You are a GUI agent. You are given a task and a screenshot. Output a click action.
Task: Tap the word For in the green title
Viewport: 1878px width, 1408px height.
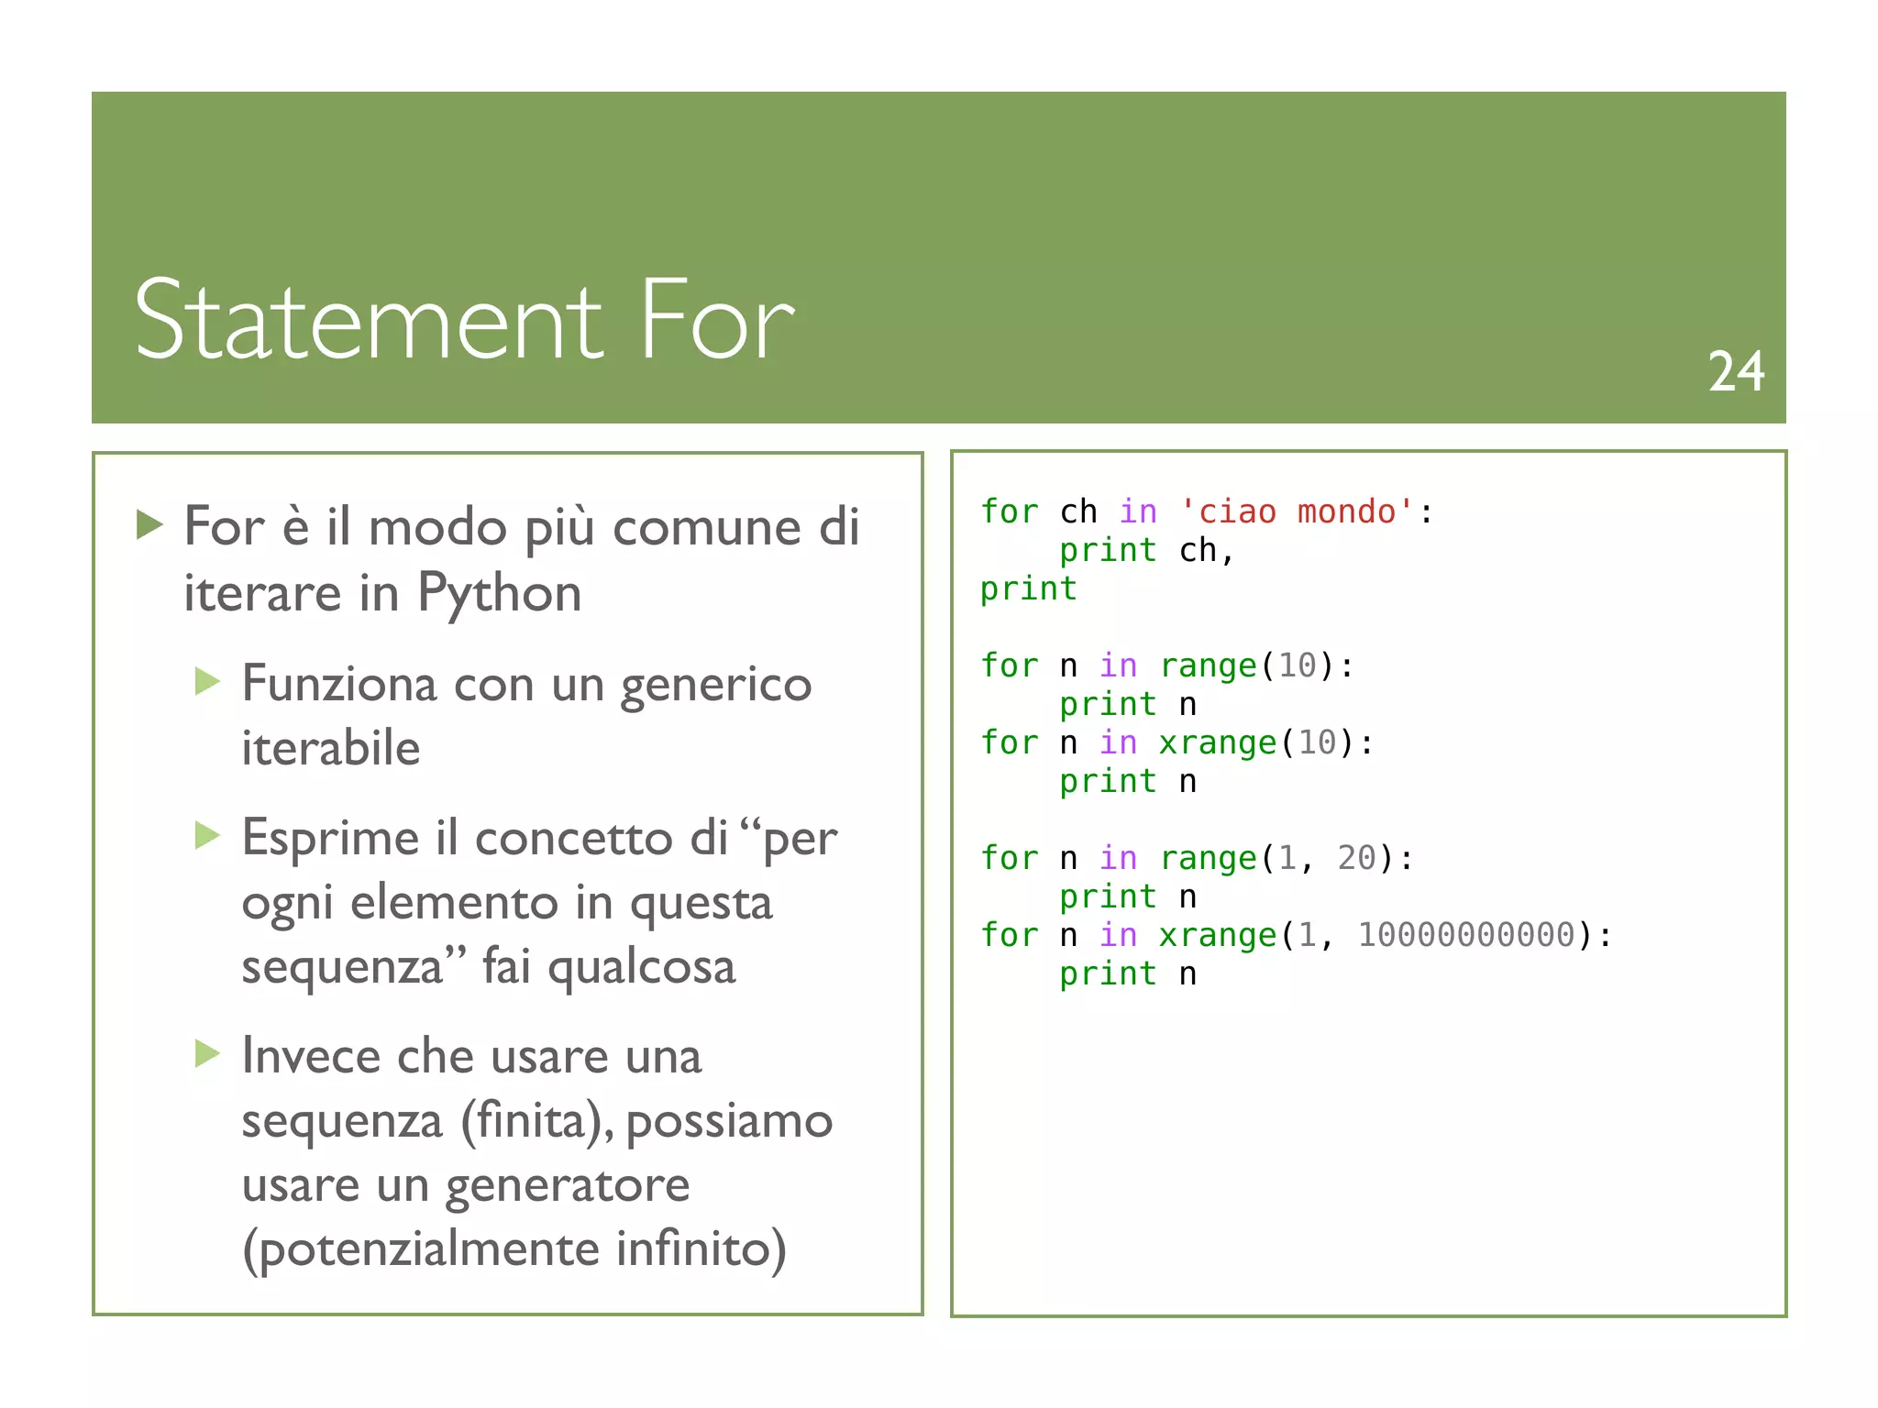[717, 320]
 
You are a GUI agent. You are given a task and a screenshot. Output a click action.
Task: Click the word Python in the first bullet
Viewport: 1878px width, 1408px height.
[499, 593]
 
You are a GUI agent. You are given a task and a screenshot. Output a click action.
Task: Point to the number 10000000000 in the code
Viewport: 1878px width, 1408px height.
[1465, 935]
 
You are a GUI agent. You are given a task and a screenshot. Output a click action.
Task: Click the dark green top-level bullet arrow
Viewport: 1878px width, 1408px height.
[149, 524]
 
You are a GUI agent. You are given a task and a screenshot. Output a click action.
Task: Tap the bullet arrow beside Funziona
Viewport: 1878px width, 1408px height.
[208, 681]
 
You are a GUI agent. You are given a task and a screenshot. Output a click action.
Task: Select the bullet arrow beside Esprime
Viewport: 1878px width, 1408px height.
[208, 835]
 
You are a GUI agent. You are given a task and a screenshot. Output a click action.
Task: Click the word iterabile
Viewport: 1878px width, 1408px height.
[330, 748]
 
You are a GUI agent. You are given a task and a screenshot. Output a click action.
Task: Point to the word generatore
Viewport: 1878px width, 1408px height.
[567, 1185]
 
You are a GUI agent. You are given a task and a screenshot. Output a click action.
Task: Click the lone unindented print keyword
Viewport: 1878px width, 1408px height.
[1028, 589]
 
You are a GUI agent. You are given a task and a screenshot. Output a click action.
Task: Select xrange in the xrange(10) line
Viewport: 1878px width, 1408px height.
[1217, 742]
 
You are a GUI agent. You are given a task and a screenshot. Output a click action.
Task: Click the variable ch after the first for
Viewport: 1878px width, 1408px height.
[1078, 511]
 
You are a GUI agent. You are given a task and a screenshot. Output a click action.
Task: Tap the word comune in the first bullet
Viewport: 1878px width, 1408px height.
[707, 528]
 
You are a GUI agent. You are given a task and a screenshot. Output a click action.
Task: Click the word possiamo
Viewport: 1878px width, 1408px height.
[729, 1121]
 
